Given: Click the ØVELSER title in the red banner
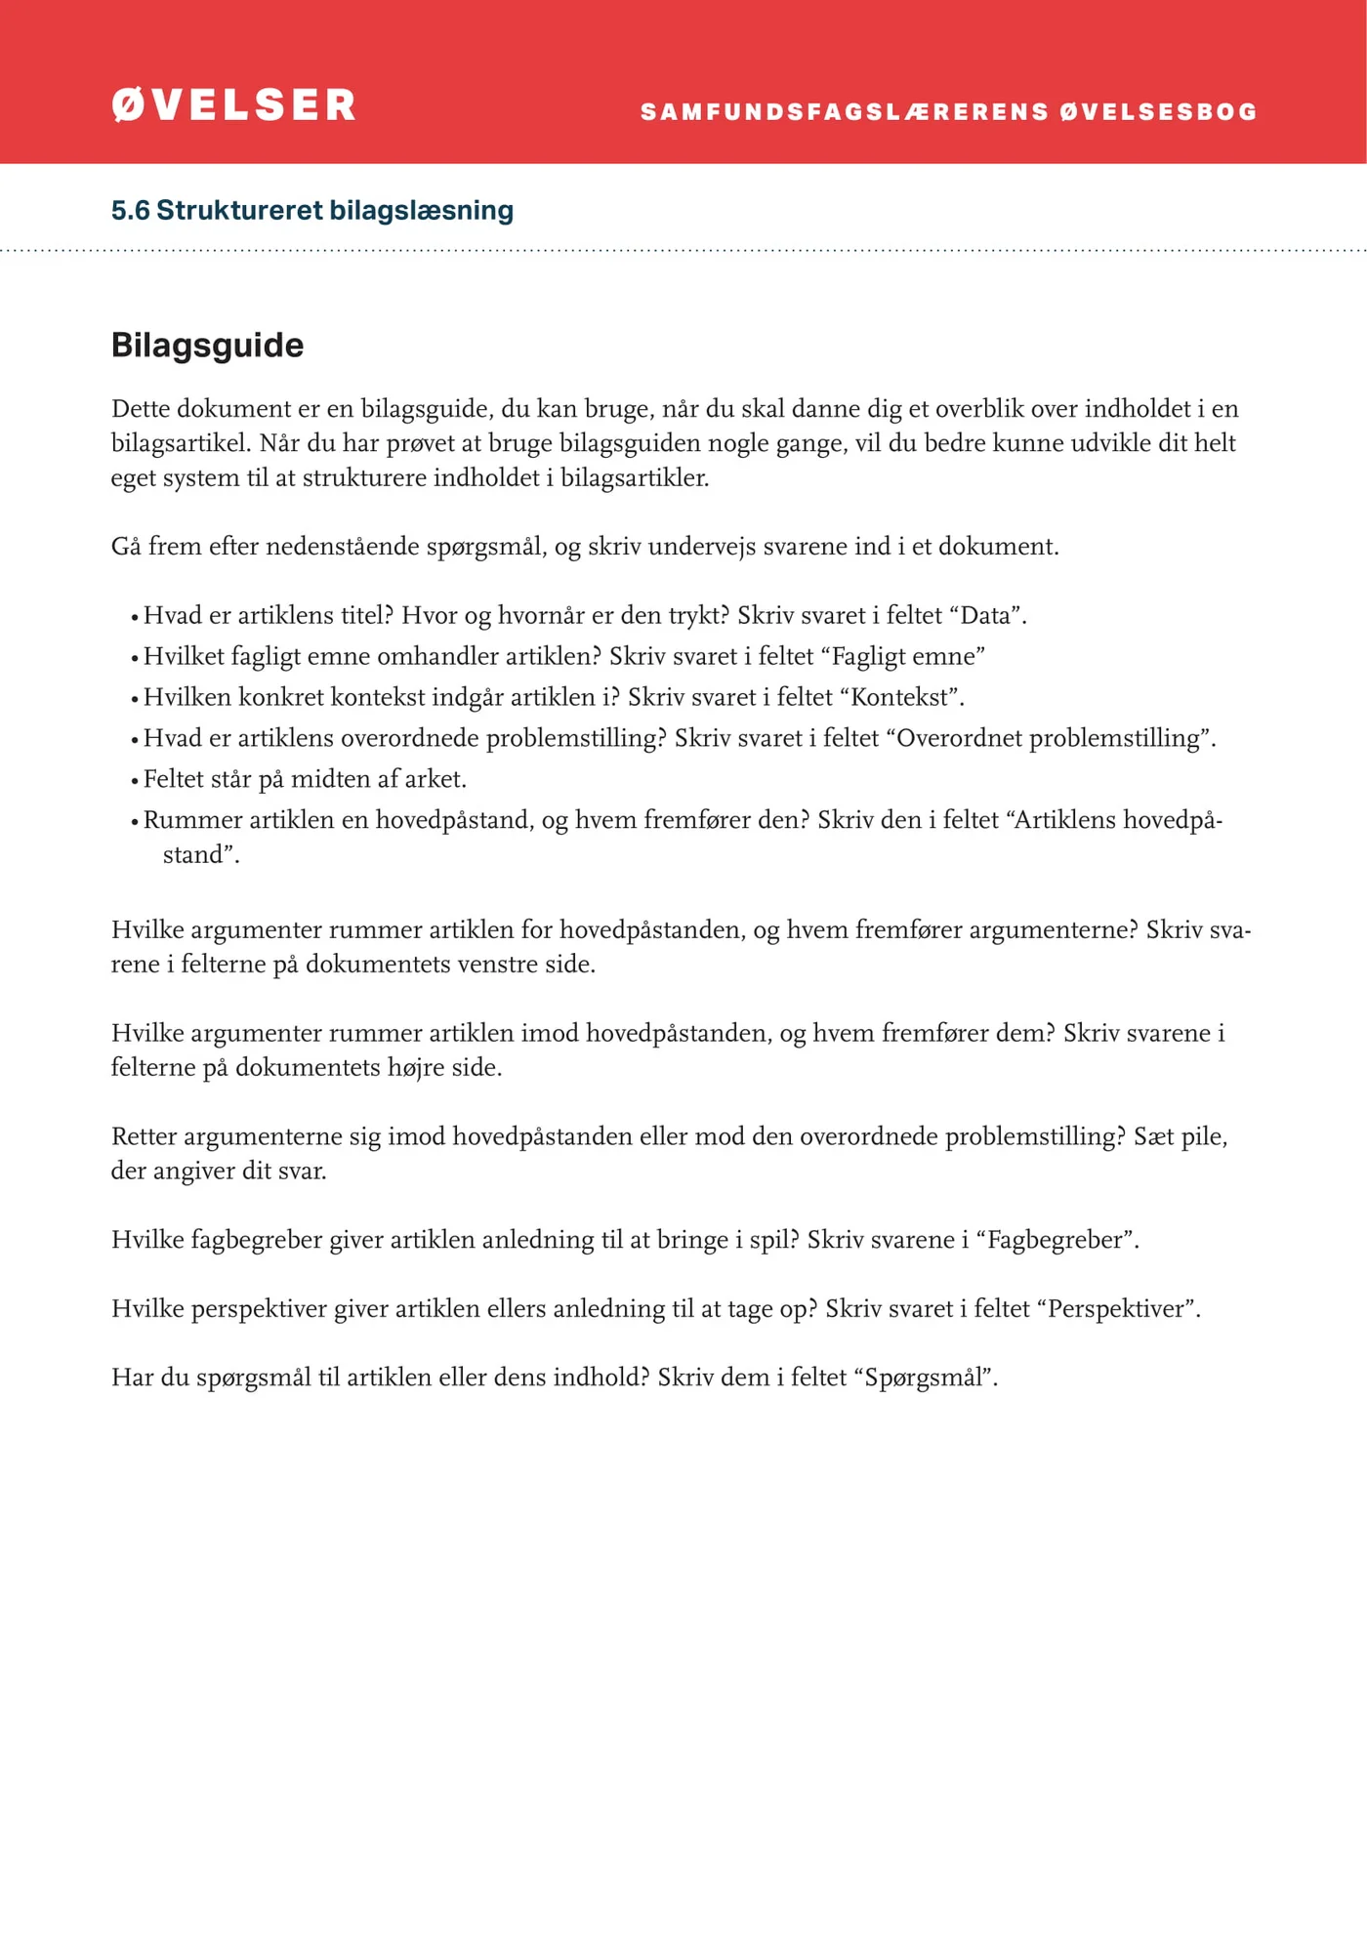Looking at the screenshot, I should (233, 105).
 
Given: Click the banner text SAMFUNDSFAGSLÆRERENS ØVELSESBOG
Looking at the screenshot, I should (948, 112).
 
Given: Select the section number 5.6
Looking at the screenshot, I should (130, 210).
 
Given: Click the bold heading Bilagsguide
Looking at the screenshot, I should (207, 345).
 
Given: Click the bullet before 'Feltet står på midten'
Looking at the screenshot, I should (135, 781).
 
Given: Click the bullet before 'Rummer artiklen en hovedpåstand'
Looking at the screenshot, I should (135, 822).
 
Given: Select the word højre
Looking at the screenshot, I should (416, 1068).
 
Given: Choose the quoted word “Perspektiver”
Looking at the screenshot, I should (1121, 1309).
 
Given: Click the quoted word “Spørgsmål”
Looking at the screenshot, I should (924, 1378).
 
